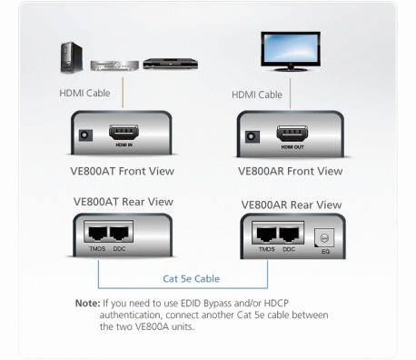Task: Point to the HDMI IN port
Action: point(124,135)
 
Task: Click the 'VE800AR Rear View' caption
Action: point(292,205)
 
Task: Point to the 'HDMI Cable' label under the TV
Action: point(259,94)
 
